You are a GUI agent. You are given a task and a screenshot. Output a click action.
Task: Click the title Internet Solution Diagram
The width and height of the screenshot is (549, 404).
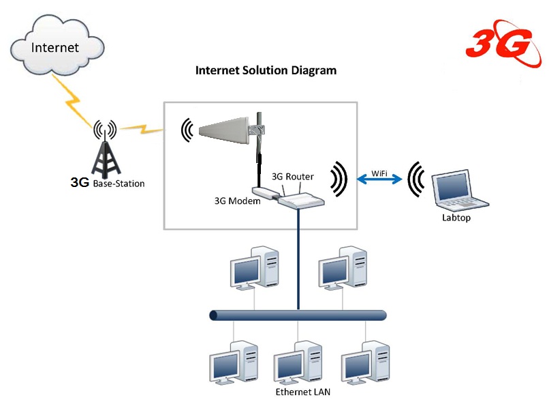click(x=266, y=70)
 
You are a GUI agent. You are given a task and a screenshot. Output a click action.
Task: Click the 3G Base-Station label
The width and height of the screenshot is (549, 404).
click(x=108, y=184)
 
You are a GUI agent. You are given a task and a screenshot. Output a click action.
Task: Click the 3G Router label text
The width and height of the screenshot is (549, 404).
click(x=292, y=176)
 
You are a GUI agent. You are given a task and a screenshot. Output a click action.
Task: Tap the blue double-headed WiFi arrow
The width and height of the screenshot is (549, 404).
click(x=378, y=181)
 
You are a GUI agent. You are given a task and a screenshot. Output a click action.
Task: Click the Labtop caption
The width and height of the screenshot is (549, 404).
click(x=456, y=218)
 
